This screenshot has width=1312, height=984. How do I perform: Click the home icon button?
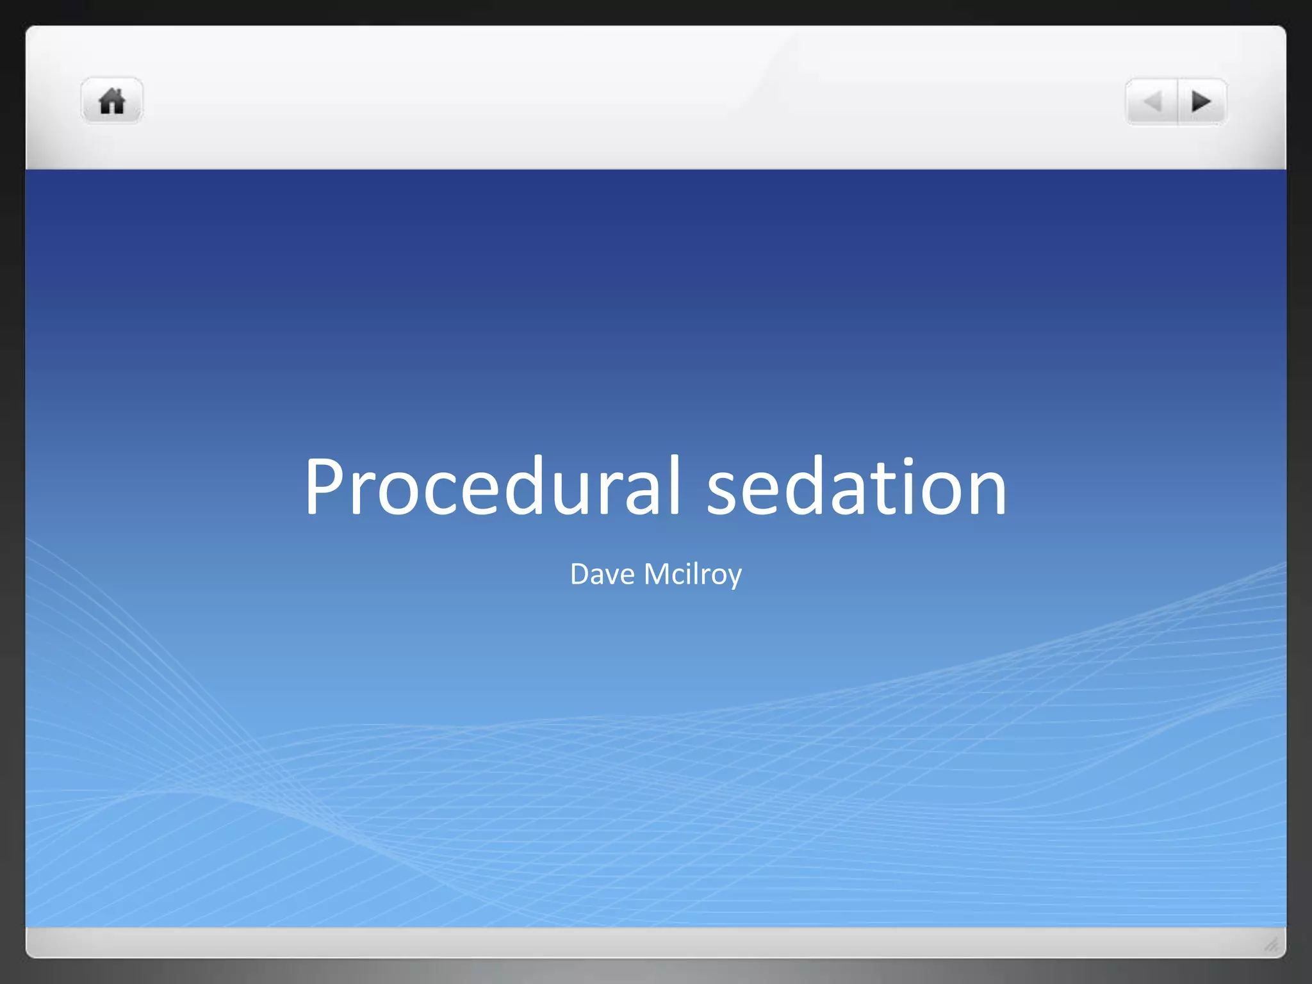pos(111,101)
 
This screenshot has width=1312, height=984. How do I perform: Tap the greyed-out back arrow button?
pos(1152,102)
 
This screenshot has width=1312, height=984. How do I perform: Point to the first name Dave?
pos(602,574)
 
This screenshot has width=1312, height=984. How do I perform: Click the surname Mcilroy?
pos(693,574)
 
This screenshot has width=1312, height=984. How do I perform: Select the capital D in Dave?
pos(579,573)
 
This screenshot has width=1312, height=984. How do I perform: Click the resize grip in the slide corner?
pos(1271,944)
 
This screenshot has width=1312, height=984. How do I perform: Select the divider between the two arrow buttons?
pos(1177,102)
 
